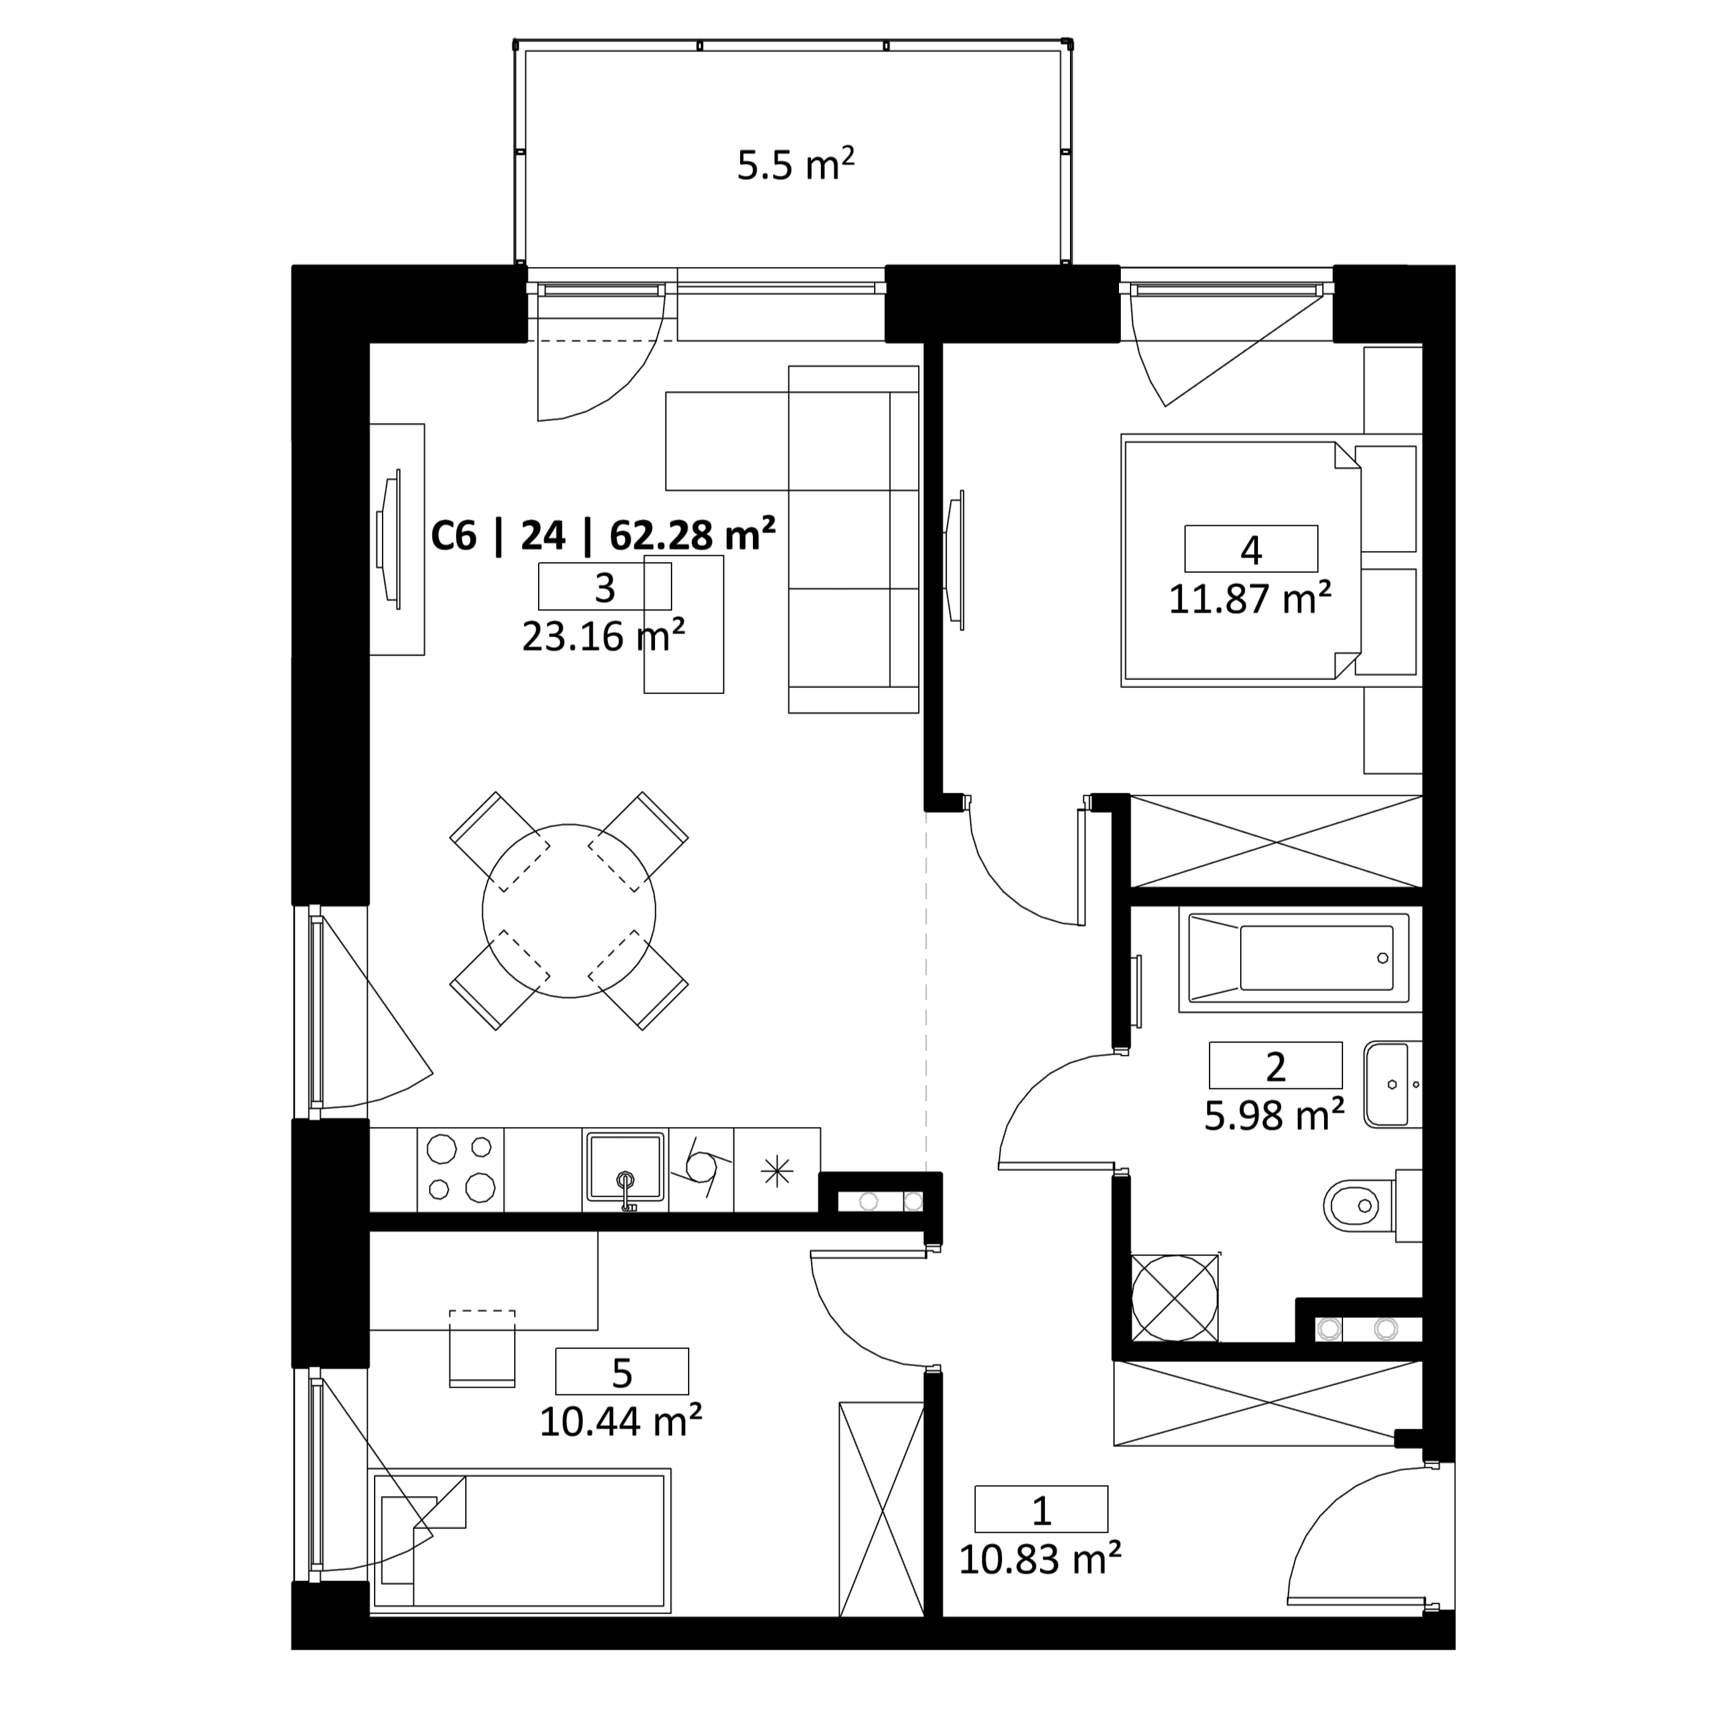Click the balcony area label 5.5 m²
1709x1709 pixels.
coord(795,165)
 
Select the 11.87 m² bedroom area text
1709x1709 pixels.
coord(1250,600)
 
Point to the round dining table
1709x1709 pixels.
coord(569,911)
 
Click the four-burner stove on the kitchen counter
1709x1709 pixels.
coord(460,1169)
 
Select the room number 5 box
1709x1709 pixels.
coord(622,1371)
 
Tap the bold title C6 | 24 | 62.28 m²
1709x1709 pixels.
coord(604,535)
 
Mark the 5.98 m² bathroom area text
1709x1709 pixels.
coord(1274,1115)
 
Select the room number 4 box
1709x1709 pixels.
coord(1251,548)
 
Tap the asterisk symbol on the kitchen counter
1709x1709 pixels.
coord(777,1171)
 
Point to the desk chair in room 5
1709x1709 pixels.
coord(482,1349)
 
